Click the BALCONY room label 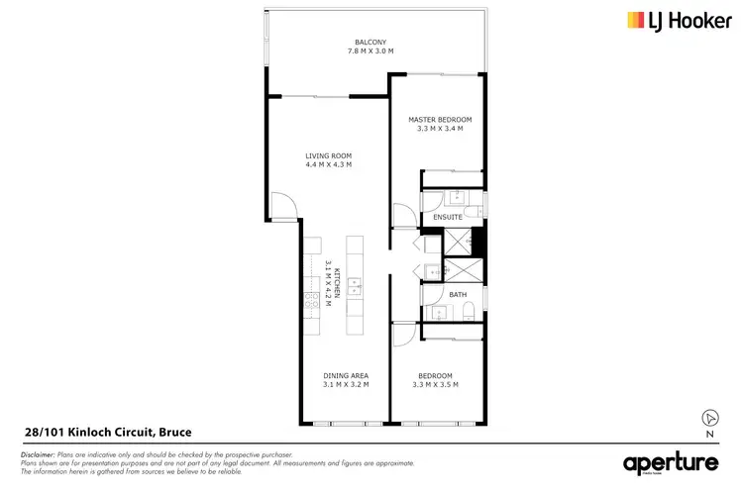[x=375, y=42]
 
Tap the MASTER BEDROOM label [x=436, y=119]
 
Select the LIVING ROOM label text [x=327, y=155]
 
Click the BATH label [x=457, y=294]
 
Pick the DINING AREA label [x=346, y=375]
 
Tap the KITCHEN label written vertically [x=337, y=281]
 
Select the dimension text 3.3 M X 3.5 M [x=435, y=384]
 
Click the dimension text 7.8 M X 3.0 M [x=375, y=50]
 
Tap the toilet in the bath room [x=469, y=313]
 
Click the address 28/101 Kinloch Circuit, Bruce [x=107, y=433]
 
